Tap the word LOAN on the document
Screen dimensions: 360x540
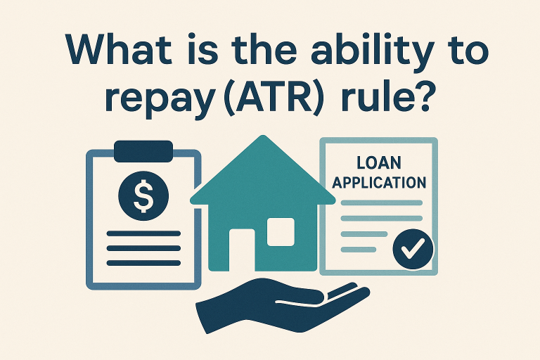(379, 164)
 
